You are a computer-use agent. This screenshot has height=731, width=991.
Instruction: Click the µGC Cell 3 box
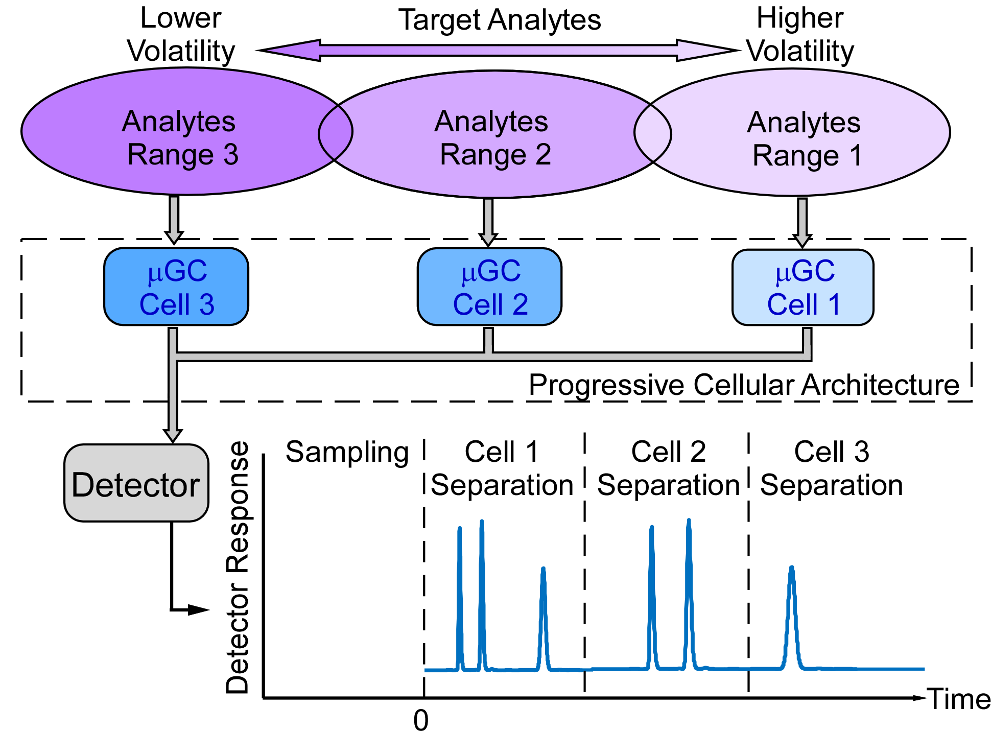[x=176, y=287]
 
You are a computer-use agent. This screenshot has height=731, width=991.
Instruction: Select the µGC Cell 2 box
[x=489, y=287]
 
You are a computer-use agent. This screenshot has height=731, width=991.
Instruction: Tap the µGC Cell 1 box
[x=803, y=288]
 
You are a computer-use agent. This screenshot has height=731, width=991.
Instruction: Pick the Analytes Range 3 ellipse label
[x=180, y=138]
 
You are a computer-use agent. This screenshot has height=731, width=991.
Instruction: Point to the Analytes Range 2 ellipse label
[x=492, y=138]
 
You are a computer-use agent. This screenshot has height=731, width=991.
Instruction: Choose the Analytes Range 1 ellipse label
[x=805, y=139]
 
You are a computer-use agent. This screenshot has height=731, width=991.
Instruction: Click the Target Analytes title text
[x=499, y=20]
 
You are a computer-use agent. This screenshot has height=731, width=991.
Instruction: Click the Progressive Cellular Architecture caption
[x=744, y=385]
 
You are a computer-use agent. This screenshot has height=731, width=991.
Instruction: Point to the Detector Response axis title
[x=238, y=567]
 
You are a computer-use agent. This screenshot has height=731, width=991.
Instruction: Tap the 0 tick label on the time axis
[x=421, y=721]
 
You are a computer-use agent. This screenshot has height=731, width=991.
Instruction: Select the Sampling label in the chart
[x=347, y=452]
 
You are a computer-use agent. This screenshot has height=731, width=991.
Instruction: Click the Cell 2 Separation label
[x=668, y=468]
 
